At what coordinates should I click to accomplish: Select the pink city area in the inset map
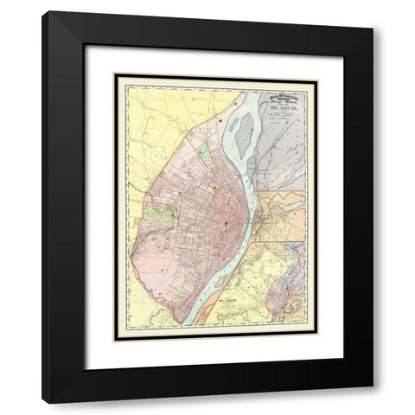(x=274, y=297)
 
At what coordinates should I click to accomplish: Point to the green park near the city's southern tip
(x=176, y=290)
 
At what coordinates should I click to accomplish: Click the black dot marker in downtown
(x=227, y=224)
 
